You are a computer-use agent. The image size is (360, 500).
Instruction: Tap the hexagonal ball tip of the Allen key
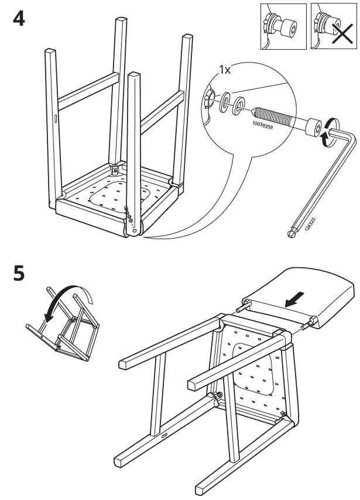pos(292,234)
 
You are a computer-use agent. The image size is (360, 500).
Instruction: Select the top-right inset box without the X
pos(283,26)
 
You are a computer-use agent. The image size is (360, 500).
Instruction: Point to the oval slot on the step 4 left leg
pos(54,119)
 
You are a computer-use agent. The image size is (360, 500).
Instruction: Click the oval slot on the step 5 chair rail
pos(163,435)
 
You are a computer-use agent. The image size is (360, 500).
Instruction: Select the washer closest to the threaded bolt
pos(240,107)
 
